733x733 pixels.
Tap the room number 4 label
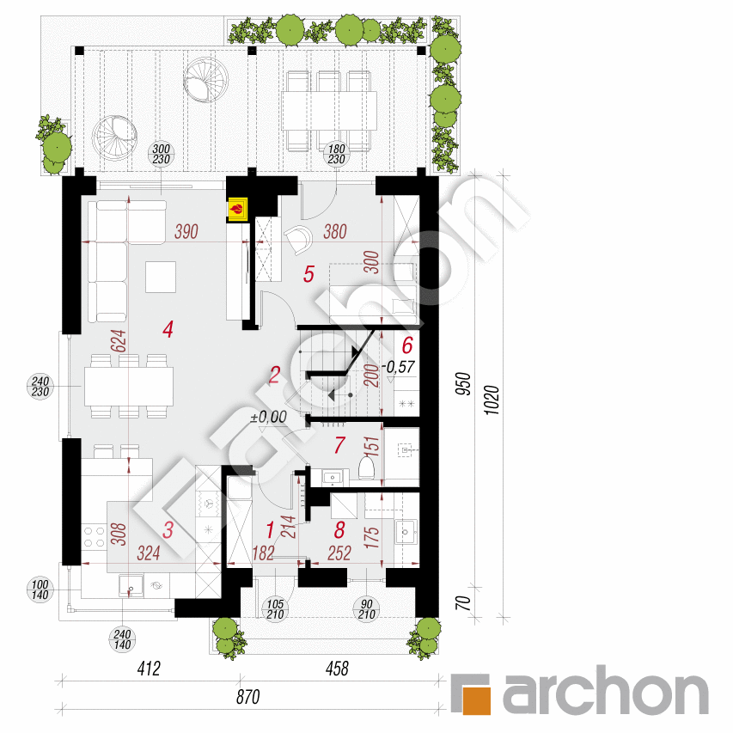tap(168, 328)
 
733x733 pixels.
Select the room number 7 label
tap(339, 445)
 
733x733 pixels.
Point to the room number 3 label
tap(168, 532)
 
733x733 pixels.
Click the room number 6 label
tap(408, 345)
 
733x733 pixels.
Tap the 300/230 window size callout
tap(162, 152)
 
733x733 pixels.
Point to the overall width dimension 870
tap(247, 699)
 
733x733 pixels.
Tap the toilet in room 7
tap(366, 467)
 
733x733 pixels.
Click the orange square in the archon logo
tap(473, 694)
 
